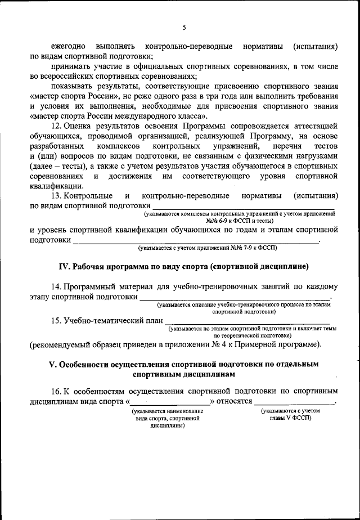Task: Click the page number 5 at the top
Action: pyautogui.click(x=184, y=26)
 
